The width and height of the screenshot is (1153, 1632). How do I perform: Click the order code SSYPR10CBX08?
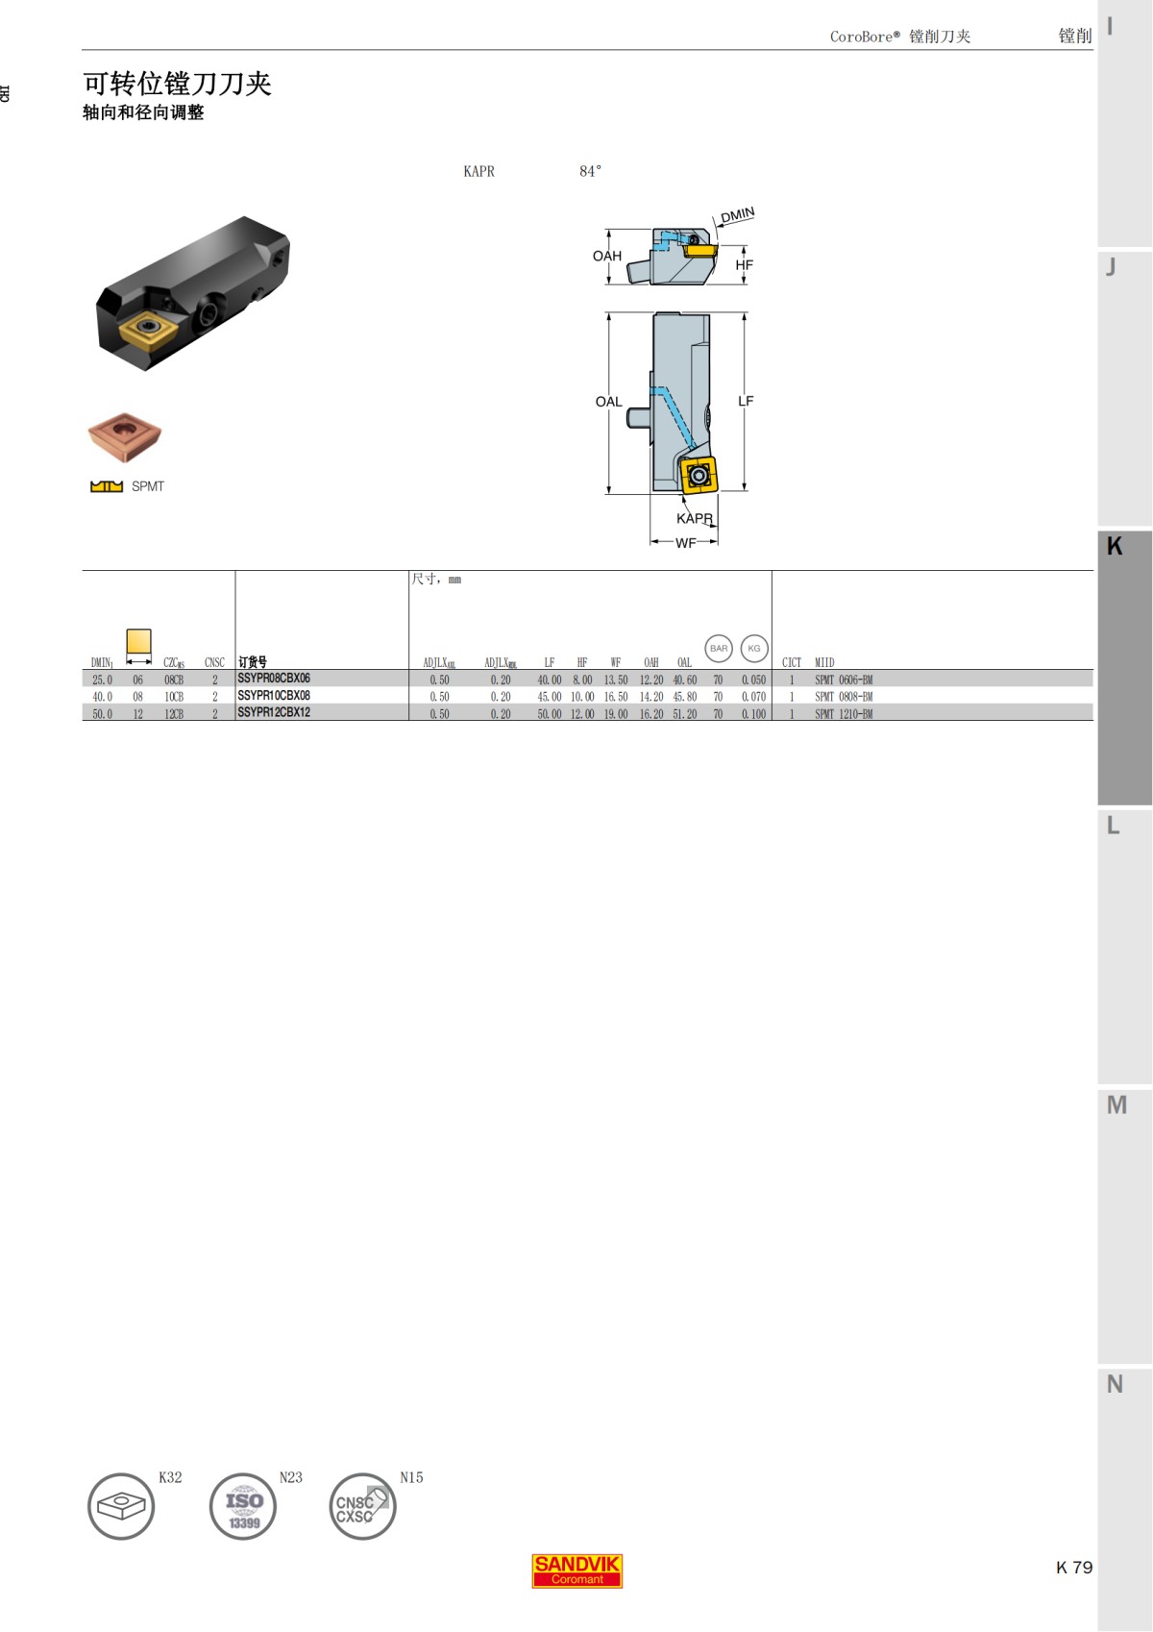pos(274,696)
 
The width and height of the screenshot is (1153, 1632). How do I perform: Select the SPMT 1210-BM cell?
pos(844,714)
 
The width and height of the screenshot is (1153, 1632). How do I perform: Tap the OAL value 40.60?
pos(684,680)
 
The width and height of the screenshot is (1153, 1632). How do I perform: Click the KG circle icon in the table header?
pos(754,649)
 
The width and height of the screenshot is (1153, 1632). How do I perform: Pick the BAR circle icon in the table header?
pos(719,649)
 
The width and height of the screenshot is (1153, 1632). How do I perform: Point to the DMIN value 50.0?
pos(102,714)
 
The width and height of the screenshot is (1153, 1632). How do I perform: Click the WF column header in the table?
pos(616,663)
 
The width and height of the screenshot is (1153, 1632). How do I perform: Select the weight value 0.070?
pos(753,697)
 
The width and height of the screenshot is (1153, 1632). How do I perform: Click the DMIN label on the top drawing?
pos(738,215)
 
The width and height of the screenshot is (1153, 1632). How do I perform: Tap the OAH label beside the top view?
pos(607,256)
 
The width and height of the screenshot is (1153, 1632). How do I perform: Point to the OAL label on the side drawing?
pos(608,402)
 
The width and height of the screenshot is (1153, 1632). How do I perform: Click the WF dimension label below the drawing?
pos(685,543)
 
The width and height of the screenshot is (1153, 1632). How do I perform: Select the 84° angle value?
pos(590,171)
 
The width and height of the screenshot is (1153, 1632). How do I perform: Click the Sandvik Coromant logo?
pos(576,1570)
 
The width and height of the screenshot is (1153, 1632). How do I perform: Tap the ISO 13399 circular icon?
pos(243,1506)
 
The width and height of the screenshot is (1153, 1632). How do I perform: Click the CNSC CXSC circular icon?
pos(362,1506)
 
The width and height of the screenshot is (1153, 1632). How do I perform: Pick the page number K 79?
pos(1073,1568)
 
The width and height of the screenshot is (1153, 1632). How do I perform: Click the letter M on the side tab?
pos(1116,1105)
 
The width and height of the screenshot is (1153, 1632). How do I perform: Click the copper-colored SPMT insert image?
pos(125,437)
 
